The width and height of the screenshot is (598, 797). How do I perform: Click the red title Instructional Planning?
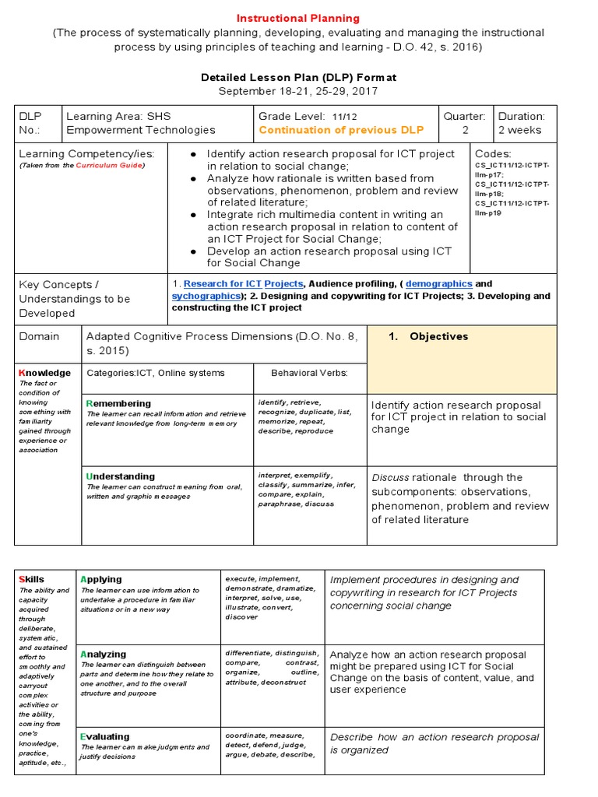click(x=298, y=18)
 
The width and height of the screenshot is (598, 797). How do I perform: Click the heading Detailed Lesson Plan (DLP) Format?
click(x=298, y=77)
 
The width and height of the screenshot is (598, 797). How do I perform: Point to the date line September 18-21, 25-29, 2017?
click(x=298, y=91)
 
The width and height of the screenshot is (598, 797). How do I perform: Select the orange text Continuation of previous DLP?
click(x=341, y=130)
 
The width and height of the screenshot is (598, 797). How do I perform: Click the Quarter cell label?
click(x=464, y=116)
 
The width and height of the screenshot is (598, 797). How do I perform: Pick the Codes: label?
click(x=493, y=154)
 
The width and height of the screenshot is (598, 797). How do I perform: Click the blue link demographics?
click(x=438, y=284)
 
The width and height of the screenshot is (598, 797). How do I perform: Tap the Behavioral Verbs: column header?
click(x=308, y=373)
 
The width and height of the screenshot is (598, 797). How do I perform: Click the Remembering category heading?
click(x=119, y=403)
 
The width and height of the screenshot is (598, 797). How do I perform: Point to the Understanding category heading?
click(x=121, y=476)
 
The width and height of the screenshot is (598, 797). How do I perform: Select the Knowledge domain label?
click(x=44, y=373)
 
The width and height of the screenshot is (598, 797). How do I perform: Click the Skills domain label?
click(x=32, y=579)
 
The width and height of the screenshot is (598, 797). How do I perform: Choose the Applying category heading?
click(x=101, y=579)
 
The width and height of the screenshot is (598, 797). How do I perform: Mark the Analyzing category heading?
click(x=103, y=655)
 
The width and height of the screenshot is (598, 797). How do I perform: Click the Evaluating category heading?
click(x=105, y=736)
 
